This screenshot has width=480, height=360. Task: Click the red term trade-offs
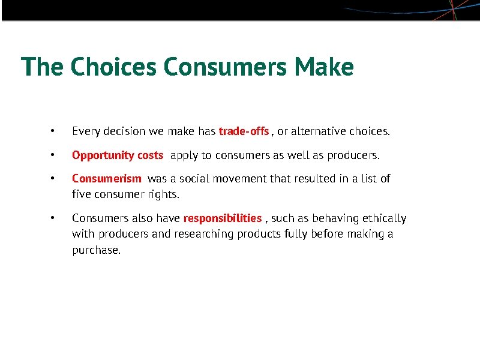tap(244, 131)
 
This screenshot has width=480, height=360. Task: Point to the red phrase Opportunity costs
tap(118, 155)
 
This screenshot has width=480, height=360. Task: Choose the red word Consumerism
tap(107, 179)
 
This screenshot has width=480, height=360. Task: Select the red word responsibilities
tap(223, 218)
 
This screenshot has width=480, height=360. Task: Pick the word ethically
tap(384, 218)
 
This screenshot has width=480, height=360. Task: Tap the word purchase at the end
tap(95, 250)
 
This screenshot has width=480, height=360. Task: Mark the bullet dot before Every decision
tap(53, 131)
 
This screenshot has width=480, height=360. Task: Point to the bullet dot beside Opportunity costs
tap(53, 155)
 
